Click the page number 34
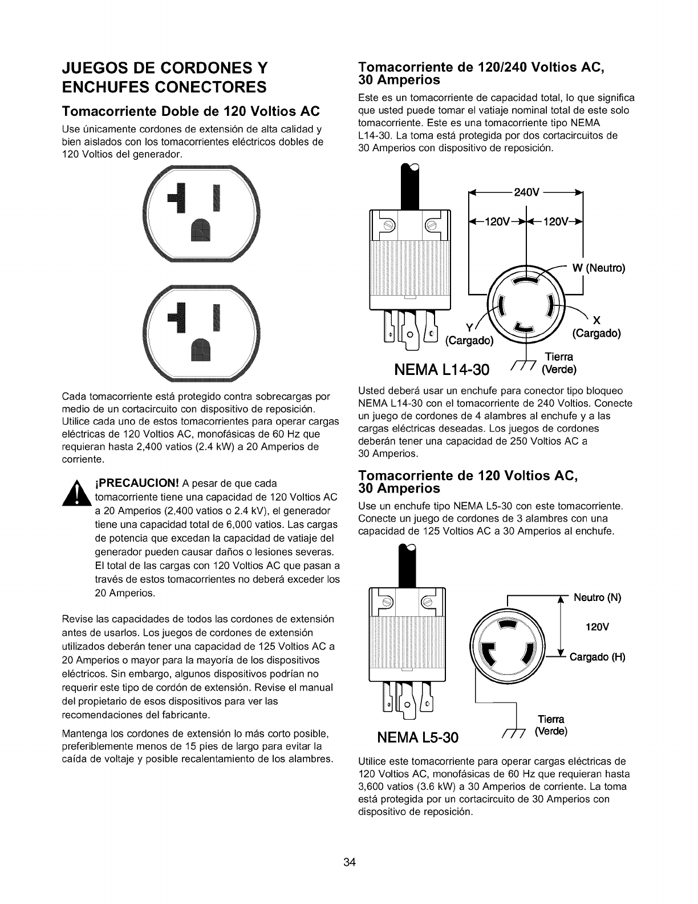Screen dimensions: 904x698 click(349, 862)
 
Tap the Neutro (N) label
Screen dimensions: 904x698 click(597, 598)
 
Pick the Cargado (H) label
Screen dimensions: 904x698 click(597, 657)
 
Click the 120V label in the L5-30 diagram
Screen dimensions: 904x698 click(597, 627)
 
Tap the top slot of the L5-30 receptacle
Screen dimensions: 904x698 click(505, 626)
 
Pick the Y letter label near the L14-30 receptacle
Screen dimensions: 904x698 click(469, 327)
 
